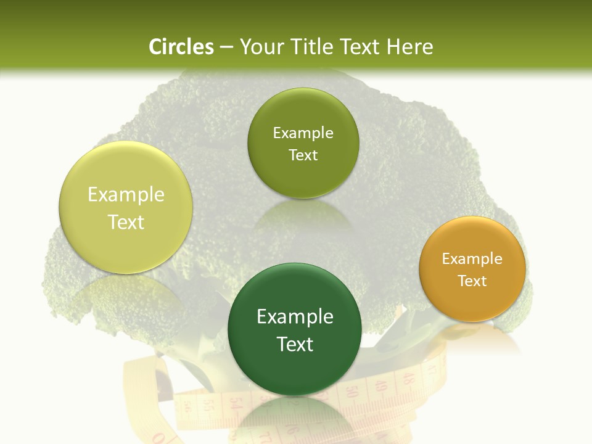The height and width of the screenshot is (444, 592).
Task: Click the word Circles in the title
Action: pos(181,47)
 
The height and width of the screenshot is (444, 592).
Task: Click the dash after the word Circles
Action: pos(226,47)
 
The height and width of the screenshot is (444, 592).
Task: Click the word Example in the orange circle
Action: pos(472,258)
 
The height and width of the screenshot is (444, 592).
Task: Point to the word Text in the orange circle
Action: pos(472,281)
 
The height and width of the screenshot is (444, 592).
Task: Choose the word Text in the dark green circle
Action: pos(295,344)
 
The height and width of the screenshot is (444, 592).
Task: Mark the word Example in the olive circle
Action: pos(303,133)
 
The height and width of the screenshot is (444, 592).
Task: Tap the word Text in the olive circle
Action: pos(303,155)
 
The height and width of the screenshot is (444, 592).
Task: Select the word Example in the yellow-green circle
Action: pos(126,194)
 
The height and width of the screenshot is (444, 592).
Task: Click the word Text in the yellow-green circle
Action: pos(126,222)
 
